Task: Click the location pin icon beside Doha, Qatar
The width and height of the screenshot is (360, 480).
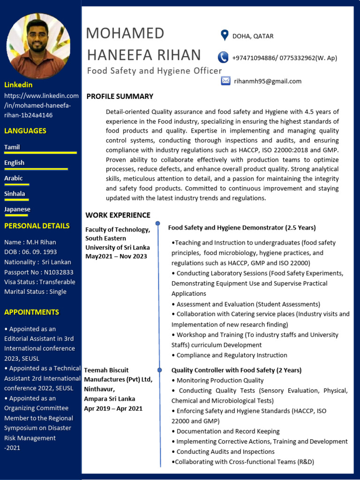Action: click(225, 36)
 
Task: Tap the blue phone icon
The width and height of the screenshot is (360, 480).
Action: click(223, 58)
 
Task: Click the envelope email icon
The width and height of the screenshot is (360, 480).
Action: click(225, 81)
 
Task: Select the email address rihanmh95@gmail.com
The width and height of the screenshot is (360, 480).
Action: click(268, 81)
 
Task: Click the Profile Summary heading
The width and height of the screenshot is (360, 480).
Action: click(120, 96)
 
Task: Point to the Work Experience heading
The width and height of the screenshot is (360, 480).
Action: click(118, 215)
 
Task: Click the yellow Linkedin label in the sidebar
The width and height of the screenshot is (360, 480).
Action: click(18, 85)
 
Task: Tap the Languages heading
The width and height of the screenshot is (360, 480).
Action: click(25, 131)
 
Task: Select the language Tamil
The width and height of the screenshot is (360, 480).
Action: click(12, 147)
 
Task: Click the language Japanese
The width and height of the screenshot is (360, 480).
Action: click(17, 210)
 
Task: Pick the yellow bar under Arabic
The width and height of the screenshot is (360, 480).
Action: click(16, 184)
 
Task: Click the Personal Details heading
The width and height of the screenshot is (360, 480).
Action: click(37, 226)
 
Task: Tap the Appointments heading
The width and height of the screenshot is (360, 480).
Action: click(31, 312)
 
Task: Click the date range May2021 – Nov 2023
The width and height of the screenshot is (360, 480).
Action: click(116, 256)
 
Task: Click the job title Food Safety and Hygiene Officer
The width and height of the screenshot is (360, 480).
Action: click(154, 71)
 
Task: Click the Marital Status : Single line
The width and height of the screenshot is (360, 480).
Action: click(35, 292)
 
